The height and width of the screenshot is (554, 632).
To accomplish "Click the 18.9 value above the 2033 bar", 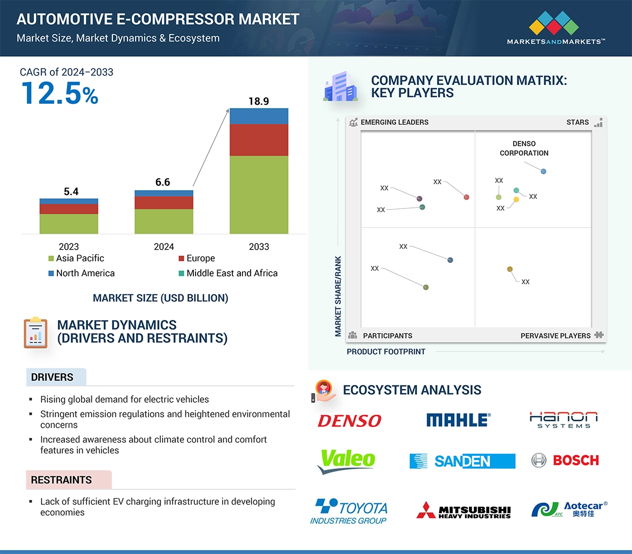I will coord(259,101).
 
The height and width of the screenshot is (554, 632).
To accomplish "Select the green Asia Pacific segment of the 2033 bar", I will coord(259,194).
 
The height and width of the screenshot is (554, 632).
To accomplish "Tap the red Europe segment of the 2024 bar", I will coord(164,202).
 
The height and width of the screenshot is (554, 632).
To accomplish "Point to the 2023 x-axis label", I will coord(69,247).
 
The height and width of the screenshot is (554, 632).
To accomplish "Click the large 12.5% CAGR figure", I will coord(60,93).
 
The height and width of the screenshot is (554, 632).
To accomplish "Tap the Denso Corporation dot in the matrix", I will coord(543,172).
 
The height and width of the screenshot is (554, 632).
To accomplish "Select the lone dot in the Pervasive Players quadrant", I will coord(510,269).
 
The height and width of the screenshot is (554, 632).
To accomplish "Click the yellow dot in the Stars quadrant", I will coord(516,200).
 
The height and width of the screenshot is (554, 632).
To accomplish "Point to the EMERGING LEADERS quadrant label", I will coord(394,123).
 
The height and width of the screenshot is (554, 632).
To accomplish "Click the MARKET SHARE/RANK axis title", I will coord(338,296).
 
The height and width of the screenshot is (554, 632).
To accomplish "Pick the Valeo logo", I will coord(346,461).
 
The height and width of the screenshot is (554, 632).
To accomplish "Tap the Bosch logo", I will coord(565,461).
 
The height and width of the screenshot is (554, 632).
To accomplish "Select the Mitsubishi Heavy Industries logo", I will coord(463,511).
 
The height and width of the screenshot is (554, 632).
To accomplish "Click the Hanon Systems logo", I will coord(563,420).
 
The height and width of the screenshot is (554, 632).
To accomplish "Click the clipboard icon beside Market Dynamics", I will coord(35,333).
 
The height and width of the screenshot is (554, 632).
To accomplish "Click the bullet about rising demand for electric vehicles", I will coord(124,400).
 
